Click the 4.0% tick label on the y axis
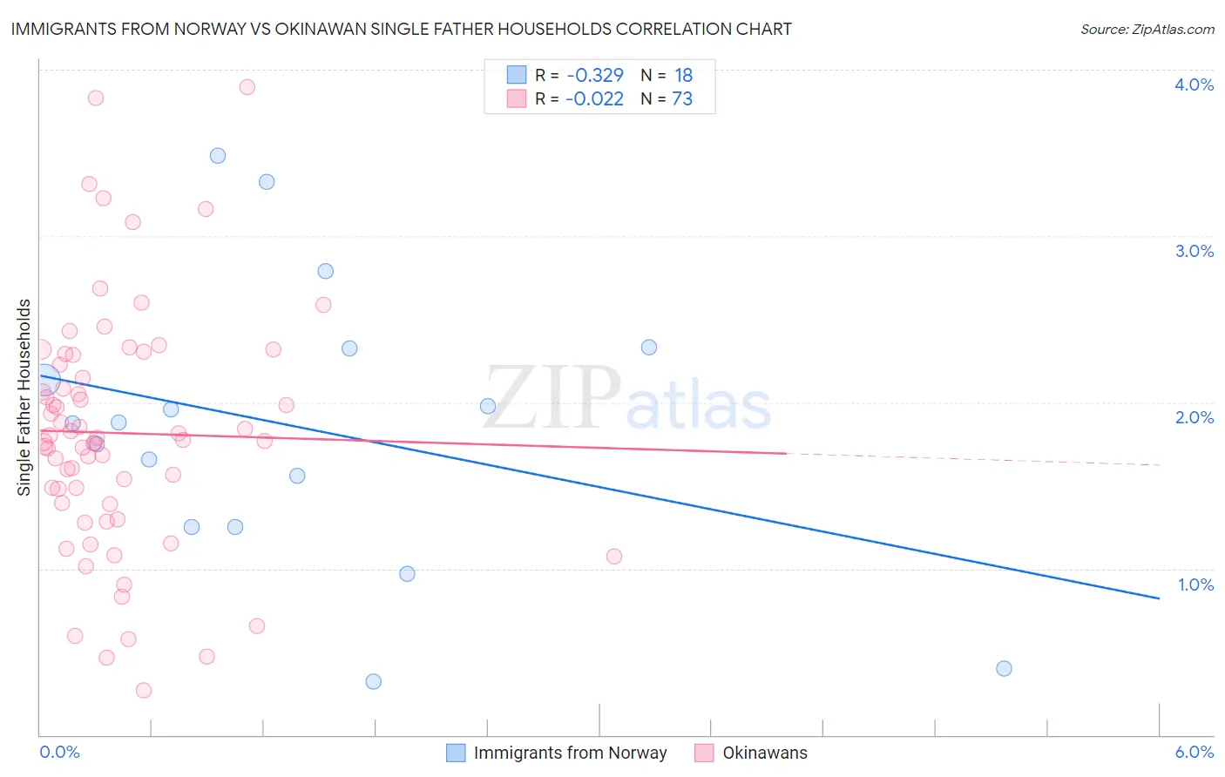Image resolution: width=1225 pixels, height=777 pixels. coord(1194,84)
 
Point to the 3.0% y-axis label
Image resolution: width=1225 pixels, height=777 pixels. coord(1194,251)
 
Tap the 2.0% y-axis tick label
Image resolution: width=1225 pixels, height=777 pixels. coord(1194,417)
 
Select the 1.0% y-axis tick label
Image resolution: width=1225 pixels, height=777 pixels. coord(1195,584)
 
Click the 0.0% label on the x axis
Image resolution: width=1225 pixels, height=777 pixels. coord(59,752)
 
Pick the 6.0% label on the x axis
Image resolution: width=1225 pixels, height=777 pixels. coord(1194,752)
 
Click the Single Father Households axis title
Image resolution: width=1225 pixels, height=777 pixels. coord(24,397)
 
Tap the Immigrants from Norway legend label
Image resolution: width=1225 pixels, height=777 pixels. coord(570,753)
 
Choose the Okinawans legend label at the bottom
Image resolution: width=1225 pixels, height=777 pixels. coord(765,753)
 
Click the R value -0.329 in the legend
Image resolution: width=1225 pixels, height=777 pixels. coord(595,76)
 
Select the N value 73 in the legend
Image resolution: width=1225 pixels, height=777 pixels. coord(682,99)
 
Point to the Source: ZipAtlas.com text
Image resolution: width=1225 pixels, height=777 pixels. coord(1147,30)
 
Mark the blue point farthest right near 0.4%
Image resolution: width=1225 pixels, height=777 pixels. coord(1004,668)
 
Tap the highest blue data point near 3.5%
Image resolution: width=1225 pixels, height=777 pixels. coord(218,156)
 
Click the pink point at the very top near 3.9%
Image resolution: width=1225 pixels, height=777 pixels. coord(247,87)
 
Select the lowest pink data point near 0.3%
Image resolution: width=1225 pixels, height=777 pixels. coord(144,690)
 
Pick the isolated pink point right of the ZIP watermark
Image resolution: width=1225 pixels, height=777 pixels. coord(614,557)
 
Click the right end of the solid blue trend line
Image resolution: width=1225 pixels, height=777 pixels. coord(1159,598)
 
